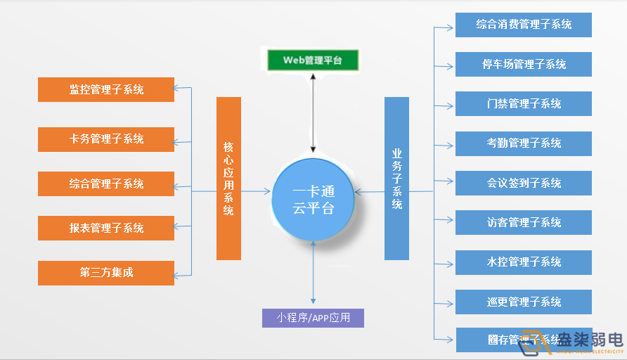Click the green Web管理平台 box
pyautogui.click(x=312, y=60)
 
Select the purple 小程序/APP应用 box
pyautogui.click(x=313, y=317)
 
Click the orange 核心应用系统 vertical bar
pyautogui.click(x=228, y=179)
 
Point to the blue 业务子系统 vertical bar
pyautogui.click(x=396, y=179)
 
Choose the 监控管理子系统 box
pyautogui.click(x=106, y=89)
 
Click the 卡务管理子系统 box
pyautogui.click(x=106, y=139)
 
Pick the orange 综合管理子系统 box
pyautogui.click(x=106, y=184)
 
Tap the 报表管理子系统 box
pyautogui.click(x=106, y=228)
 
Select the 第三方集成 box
pyautogui.click(x=106, y=273)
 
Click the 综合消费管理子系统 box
pyautogui.click(x=524, y=25)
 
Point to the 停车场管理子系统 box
pyautogui.click(x=524, y=64)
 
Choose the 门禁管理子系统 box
pyautogui.click(x=524, y=103)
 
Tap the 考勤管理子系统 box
pyautogui.click(x=524, y=143)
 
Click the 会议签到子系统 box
pyautogui.click(x=524, y=183)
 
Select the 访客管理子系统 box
pyautogui.click(x=524, y=222)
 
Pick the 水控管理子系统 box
pyautogui.click(x=524, y=262)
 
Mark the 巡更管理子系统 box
pyautogui.click(x=524, y=302)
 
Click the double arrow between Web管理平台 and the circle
pyautogui.click(x=313, y=112)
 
